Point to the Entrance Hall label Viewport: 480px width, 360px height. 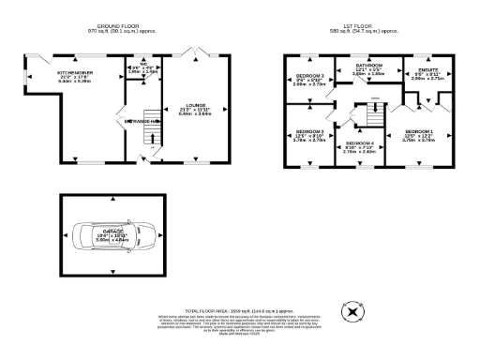pyautogui.click(x=139, y=121)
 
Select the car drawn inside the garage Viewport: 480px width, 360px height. pyautogui.click(x=111, y=236)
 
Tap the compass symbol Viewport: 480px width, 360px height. pyautogui.click(x=352, y=312)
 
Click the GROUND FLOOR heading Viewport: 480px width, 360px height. pyautogui.click(x=114, y=26)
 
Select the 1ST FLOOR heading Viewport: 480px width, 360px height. pyautogui.click(x=372, y=26)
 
